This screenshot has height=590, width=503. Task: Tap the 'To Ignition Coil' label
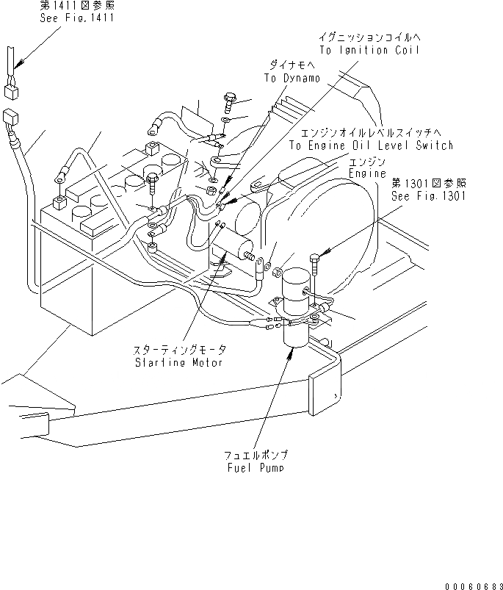click(x=369, y=50)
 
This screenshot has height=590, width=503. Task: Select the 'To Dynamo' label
click(x=292, y=78)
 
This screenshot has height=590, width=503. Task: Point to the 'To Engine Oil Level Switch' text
click(x=371, y=145)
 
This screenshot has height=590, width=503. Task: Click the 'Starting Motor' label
click(x=178, y=363)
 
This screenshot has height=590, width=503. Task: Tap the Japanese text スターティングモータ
click(x=180, y=350)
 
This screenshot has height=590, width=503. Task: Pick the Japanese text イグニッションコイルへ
click(x=369, y=37)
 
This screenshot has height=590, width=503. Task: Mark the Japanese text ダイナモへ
click(x=292, y=65)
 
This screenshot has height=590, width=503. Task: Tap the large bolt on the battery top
click(x=153, y=179)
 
